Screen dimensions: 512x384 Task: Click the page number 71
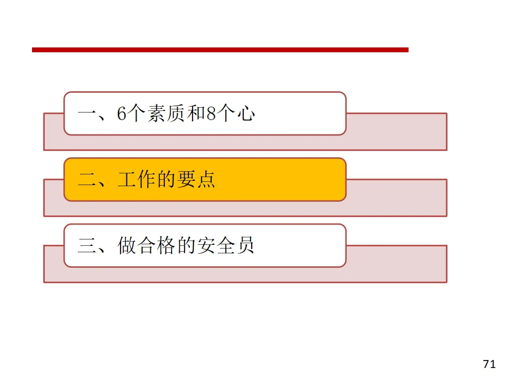pos(489,364)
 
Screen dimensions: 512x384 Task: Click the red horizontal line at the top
pos(220,50)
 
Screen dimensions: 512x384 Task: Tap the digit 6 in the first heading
pos(122,114)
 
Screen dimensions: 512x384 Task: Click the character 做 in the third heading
pos(127,246)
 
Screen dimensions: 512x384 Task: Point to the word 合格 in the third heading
pos(156,246)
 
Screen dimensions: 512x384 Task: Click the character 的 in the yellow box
pos(166,180)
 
